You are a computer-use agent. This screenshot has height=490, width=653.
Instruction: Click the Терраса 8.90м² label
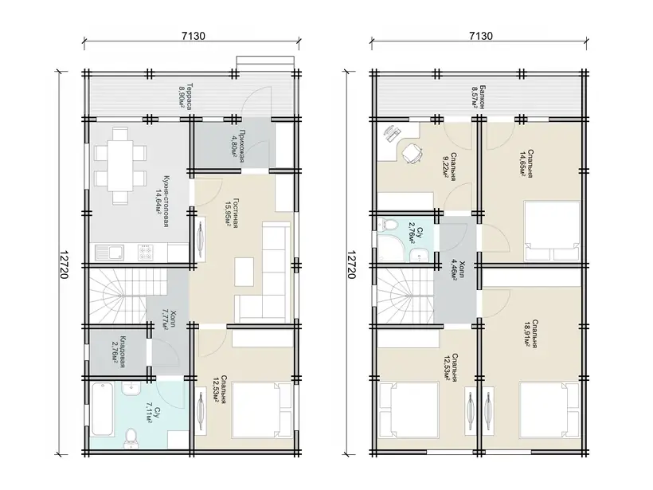click(186, 96)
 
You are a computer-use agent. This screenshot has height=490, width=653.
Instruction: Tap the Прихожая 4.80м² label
click(237, 146)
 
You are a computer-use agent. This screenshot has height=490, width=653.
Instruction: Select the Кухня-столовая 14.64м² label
click(162, 202)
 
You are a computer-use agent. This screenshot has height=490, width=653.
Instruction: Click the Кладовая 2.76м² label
click(119, 352)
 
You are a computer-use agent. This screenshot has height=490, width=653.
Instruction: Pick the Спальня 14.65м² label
click(526, 163)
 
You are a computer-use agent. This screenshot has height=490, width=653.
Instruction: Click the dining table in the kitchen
click(120, 166)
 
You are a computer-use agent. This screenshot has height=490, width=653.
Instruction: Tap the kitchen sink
click(110, 252)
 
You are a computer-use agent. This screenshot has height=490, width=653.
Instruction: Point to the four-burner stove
click(146, 253)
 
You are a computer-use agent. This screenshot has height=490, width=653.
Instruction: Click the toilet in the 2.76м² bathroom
click(388, 225)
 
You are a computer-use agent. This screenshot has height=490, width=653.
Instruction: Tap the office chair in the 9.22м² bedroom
click(412, 153)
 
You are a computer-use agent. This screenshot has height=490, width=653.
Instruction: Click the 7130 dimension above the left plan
click(194, 36)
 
